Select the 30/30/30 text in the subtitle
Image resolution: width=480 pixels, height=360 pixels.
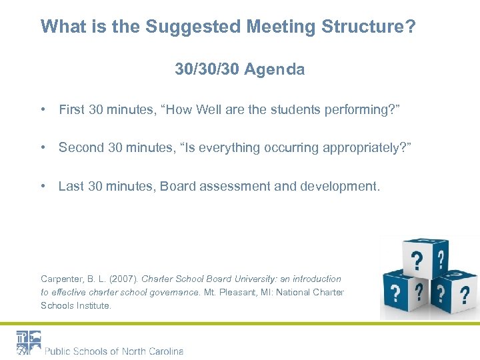[207, 69]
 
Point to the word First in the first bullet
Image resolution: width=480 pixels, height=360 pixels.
[72, 109]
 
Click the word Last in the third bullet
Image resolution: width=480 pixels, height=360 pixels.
[71, 186]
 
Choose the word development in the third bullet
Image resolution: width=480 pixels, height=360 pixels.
[337, 186]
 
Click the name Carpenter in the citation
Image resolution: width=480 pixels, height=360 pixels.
[61, 279]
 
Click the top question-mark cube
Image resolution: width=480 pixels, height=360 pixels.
[421, 257]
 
